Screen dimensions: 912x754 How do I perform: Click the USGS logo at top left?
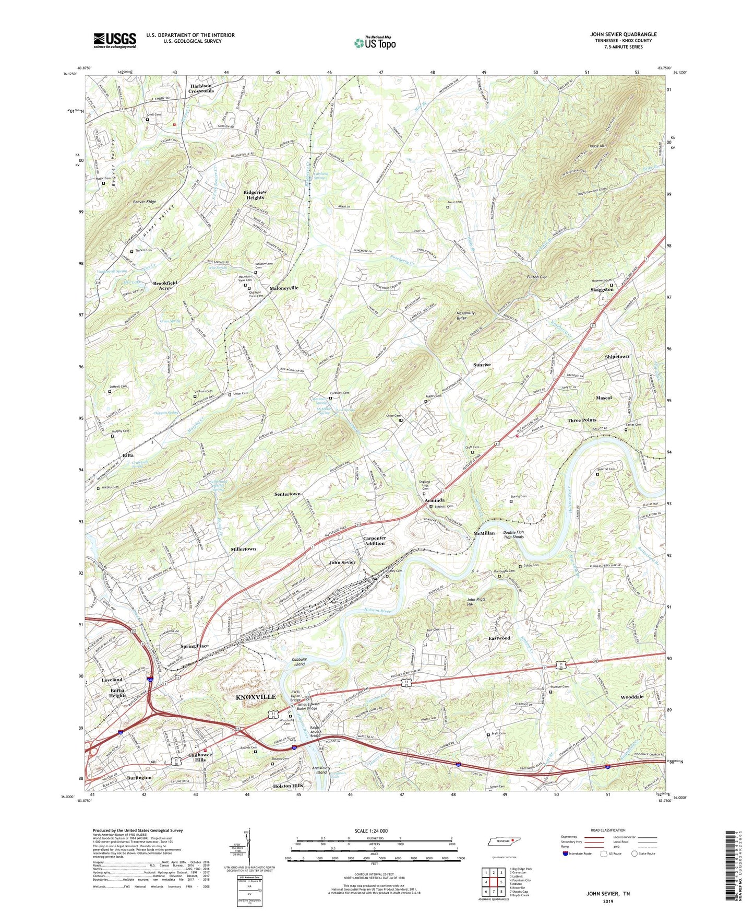[x=115, y=40]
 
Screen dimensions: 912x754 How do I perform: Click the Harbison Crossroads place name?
[x=201, y=88]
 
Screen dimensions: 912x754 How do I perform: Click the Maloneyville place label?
[x=284, y=288]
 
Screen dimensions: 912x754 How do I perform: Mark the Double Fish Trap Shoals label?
[x=513, y=534]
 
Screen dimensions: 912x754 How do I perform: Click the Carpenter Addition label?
[x=374, y=541]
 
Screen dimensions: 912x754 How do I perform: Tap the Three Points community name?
[x=582, y=420]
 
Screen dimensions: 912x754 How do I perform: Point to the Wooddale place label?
[x=632, y=697]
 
